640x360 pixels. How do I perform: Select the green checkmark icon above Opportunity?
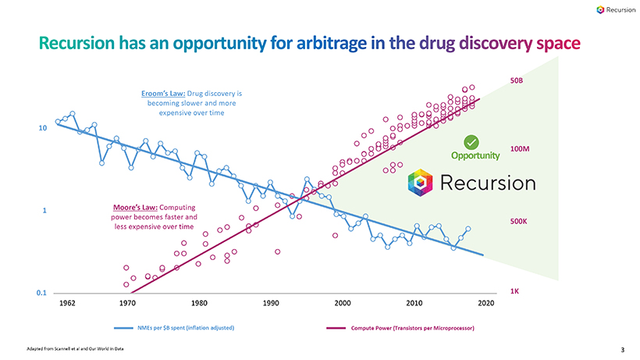(471, 141)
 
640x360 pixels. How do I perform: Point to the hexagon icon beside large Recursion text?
(421, 184)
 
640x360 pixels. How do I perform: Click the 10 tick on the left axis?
(44, 127)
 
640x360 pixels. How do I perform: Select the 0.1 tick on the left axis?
(41, 293)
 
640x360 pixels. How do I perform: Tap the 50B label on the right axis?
(516, 80)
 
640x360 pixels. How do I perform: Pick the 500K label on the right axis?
(518, 222)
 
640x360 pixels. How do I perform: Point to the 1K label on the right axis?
(514, 290)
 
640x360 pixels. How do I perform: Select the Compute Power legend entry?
(413, 327)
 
